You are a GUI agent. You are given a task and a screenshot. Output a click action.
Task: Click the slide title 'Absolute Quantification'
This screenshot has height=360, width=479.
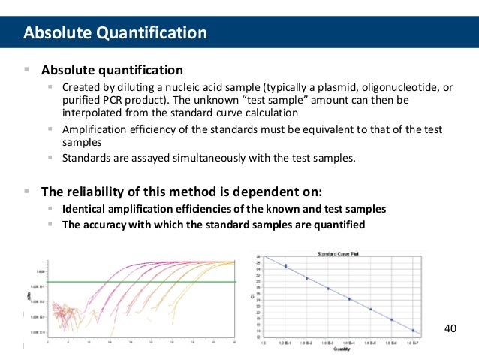click(115, 33)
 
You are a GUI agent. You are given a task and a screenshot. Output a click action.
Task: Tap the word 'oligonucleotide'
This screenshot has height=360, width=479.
click(387, 88)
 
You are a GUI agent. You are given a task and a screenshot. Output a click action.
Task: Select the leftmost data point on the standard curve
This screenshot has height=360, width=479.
click(285, 265)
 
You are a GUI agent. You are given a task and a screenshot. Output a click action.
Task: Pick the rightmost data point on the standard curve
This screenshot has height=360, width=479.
click(413, 330)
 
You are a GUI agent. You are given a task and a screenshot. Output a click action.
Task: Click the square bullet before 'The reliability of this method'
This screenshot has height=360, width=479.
click(26, 190)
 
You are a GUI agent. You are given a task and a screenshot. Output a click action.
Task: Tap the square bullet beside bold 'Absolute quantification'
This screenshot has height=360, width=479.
click(26, 70)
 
